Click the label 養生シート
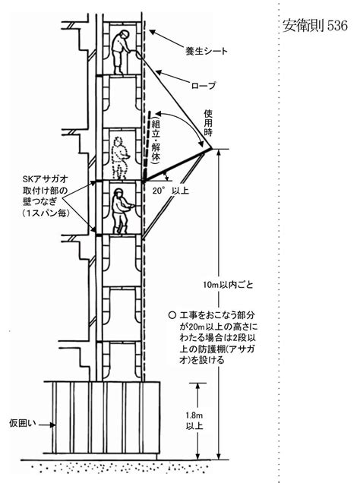[206, 51]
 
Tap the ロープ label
[204, 85]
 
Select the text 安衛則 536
[315, 26]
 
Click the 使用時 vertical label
[208, 123]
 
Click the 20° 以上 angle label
[171, 191]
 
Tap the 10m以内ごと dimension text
[228, 284]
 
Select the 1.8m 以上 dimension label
[194, 421]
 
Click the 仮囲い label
[23, 423]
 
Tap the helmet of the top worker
[125, 33]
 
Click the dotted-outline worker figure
[119, 158]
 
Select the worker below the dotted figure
[121, 211]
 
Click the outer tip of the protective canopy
[213, 149]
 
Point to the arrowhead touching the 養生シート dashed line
[151, 32]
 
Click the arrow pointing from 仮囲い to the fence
[47, 425]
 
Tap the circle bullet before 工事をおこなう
[172, 315]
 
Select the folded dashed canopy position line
[147, 145]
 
